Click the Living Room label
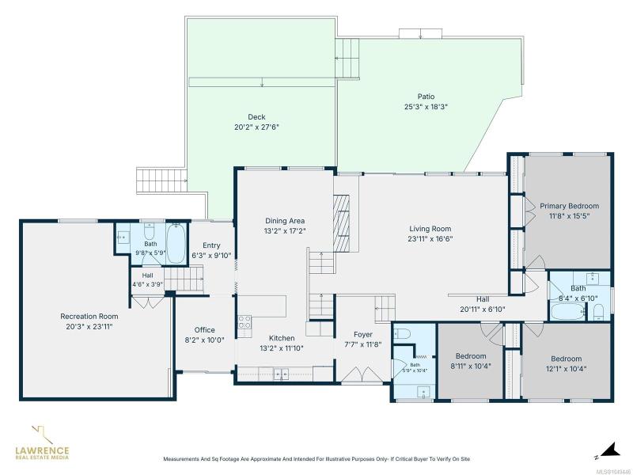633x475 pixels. (x=430, y=229)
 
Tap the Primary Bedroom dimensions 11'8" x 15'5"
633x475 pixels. (x=569, y=216)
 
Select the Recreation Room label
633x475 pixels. (x=89, y=316)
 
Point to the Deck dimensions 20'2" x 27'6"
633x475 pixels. (x=256, y=127)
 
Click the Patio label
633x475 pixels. (x=426, y=97)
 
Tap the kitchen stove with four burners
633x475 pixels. (x=244, y=321)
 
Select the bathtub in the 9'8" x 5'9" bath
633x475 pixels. (x=176, y=244)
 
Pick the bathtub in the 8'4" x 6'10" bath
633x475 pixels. (x=567, y=312)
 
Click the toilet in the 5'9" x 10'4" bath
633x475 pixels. (x=402, y=333)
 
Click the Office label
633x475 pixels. (x=205, y=330)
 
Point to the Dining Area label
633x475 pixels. (x=285, y=221)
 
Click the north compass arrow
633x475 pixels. (x=610, y=450)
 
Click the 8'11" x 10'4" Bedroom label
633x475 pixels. (x=471, y=356)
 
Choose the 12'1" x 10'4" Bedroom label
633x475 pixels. (x=567, y=359)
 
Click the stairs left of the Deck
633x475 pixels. (x=161, y=181)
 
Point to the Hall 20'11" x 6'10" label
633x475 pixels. (x=483, y=299)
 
